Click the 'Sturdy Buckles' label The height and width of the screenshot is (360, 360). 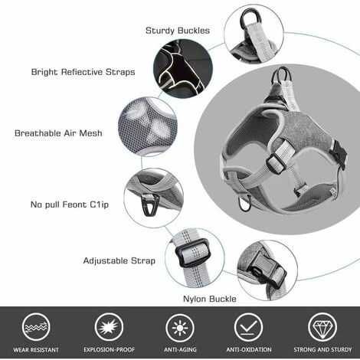click(x=178, y=31)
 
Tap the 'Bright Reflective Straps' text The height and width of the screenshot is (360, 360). click(x=83, y=72)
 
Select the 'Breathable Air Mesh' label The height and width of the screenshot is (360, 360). click(x=58, y=133)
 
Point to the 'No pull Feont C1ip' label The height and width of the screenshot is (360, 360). click(x=70, y=205)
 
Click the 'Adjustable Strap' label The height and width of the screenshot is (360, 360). click(x=119, y=260)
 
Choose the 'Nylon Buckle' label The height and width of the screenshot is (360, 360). click(x=210, y=299)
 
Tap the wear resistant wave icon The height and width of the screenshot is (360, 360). click(x=36, y=327)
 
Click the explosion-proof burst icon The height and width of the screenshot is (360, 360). click(x=109, y=327)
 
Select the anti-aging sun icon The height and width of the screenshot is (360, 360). click(x=180, y=328)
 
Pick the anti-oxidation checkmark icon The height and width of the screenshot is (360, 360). click(x=248, y=327)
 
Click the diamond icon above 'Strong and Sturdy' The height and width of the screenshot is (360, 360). click(x=322, y=327)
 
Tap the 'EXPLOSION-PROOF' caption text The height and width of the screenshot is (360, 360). click(x=109, y=349)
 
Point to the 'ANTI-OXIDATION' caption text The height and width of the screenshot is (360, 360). click(x=249, y=349)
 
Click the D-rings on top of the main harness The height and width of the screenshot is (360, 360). click(x=282, y=75)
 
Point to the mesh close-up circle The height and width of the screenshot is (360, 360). click(x=148, y=127)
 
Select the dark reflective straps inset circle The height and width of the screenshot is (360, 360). click(x=183, y=68)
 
